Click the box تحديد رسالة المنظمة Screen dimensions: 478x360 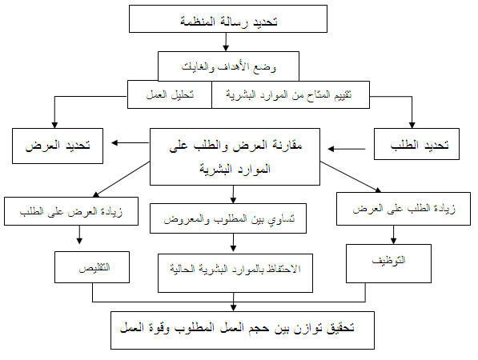[228, 18]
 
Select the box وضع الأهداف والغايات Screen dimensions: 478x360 [228, 66]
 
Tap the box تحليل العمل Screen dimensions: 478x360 [170, 94]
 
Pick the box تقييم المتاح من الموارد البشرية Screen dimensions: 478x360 [291, 94]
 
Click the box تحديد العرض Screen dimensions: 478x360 [58, 146]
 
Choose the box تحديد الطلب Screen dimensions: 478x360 [416, 144]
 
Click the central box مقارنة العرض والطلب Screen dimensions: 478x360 [235, 157]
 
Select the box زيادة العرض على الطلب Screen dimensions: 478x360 [71, 211]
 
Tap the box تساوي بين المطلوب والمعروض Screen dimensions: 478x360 [228, 218]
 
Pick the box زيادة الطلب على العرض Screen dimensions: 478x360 [404, 209]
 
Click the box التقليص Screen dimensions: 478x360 [92, 267]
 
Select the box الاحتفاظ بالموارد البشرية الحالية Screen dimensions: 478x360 [235, 273]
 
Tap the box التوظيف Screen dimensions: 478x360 [388, 263]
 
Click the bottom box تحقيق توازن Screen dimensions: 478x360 [243, 330]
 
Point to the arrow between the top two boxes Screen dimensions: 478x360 [226, 42]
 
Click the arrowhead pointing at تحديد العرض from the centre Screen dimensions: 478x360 [114, 142]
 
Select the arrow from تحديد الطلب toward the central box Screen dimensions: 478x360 [347, 149]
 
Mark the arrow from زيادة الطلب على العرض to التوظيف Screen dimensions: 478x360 [393, 235]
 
